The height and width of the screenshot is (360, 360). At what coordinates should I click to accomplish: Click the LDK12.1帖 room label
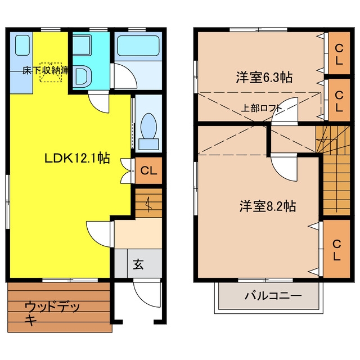click(77, 158)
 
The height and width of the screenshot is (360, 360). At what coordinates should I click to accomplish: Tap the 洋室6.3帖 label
click(264, 78)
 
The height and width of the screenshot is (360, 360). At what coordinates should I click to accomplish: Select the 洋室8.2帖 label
click(268, 206)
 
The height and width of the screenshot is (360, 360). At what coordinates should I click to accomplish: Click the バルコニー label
click(273, 296)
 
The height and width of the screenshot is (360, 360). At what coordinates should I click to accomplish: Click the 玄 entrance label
click(138, 264)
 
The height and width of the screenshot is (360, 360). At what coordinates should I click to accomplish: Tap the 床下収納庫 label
click(46, 70)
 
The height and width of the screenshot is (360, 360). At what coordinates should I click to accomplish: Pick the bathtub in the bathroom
click(138, 46)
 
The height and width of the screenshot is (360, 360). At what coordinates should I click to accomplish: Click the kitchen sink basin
click(22, 45)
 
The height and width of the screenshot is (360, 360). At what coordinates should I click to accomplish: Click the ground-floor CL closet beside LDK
click(148, 170)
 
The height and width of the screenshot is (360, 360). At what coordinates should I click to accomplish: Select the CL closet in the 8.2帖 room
click(336, 249)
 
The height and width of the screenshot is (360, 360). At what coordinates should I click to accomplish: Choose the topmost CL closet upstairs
click(339, 54)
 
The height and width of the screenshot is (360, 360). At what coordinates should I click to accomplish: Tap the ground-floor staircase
click(148, 202)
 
